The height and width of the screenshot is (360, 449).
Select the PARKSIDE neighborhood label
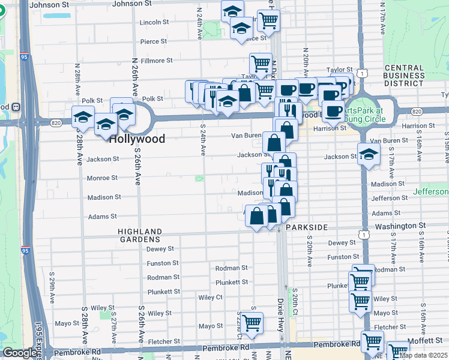(307, 228)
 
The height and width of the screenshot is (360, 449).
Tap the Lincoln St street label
(154, 22)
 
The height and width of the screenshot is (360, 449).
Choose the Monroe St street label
(103, 178)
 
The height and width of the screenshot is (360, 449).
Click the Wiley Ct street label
(210, 297)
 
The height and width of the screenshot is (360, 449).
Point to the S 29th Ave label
(52, 289)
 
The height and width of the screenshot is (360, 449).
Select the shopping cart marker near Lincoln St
(268, 20)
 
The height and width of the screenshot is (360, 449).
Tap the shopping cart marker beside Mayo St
(252, 322)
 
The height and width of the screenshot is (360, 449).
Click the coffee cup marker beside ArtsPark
(333, 110)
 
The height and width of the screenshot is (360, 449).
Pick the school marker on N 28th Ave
(83, 116)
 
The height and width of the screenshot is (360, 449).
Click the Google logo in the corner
(19, 353)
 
